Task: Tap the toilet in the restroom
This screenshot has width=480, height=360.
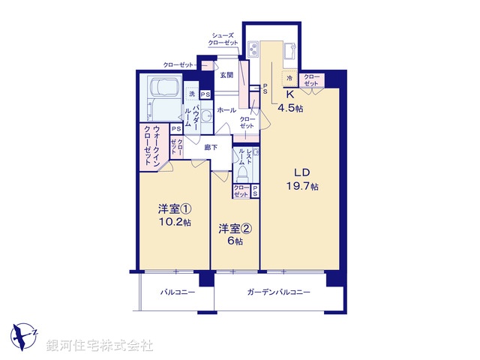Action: point(243,172)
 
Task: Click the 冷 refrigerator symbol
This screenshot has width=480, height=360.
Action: point(288,78)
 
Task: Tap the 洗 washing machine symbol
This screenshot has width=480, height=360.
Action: point(192,94)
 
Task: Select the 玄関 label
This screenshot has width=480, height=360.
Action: point(226,75)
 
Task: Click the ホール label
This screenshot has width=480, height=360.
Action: point(226,110)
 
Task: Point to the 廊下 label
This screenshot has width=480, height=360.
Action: point(211,147)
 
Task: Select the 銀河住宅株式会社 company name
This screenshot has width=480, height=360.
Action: point(100,346)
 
